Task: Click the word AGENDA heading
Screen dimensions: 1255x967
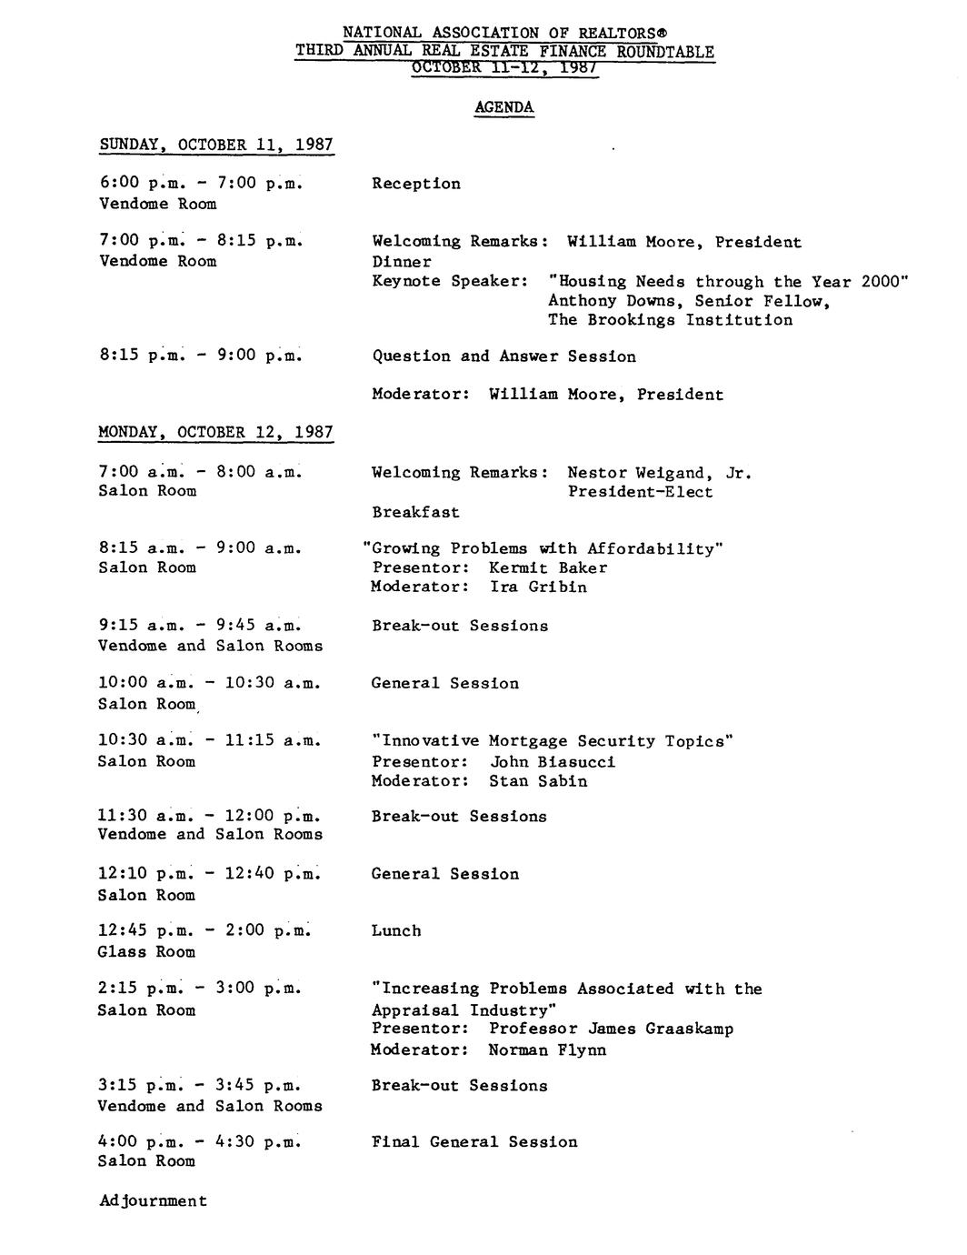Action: (x=503, y=107)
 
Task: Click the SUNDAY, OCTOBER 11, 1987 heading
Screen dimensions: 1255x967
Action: (x=216, y=146)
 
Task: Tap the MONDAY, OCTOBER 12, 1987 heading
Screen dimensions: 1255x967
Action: (x=215, y=432)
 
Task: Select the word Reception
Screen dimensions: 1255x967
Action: (x=416, y=184)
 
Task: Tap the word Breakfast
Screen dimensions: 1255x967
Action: (x=415, y=512)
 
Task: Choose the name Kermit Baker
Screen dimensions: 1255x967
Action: (x=548, y=567)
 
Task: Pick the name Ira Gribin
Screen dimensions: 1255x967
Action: (x=538, y=587)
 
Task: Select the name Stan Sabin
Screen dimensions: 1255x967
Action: (x=538, y=781)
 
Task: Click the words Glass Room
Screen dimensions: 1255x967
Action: (x=146, y=952)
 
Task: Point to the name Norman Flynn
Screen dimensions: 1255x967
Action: (x=547, y=1050)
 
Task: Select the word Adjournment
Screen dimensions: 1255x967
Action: (x=153, y=1200)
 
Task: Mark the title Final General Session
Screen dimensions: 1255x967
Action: (x=474, y=1142)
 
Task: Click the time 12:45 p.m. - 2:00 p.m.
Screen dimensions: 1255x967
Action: (x=204, y=930)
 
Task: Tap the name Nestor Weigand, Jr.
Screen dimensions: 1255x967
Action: (x=659, y=473)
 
